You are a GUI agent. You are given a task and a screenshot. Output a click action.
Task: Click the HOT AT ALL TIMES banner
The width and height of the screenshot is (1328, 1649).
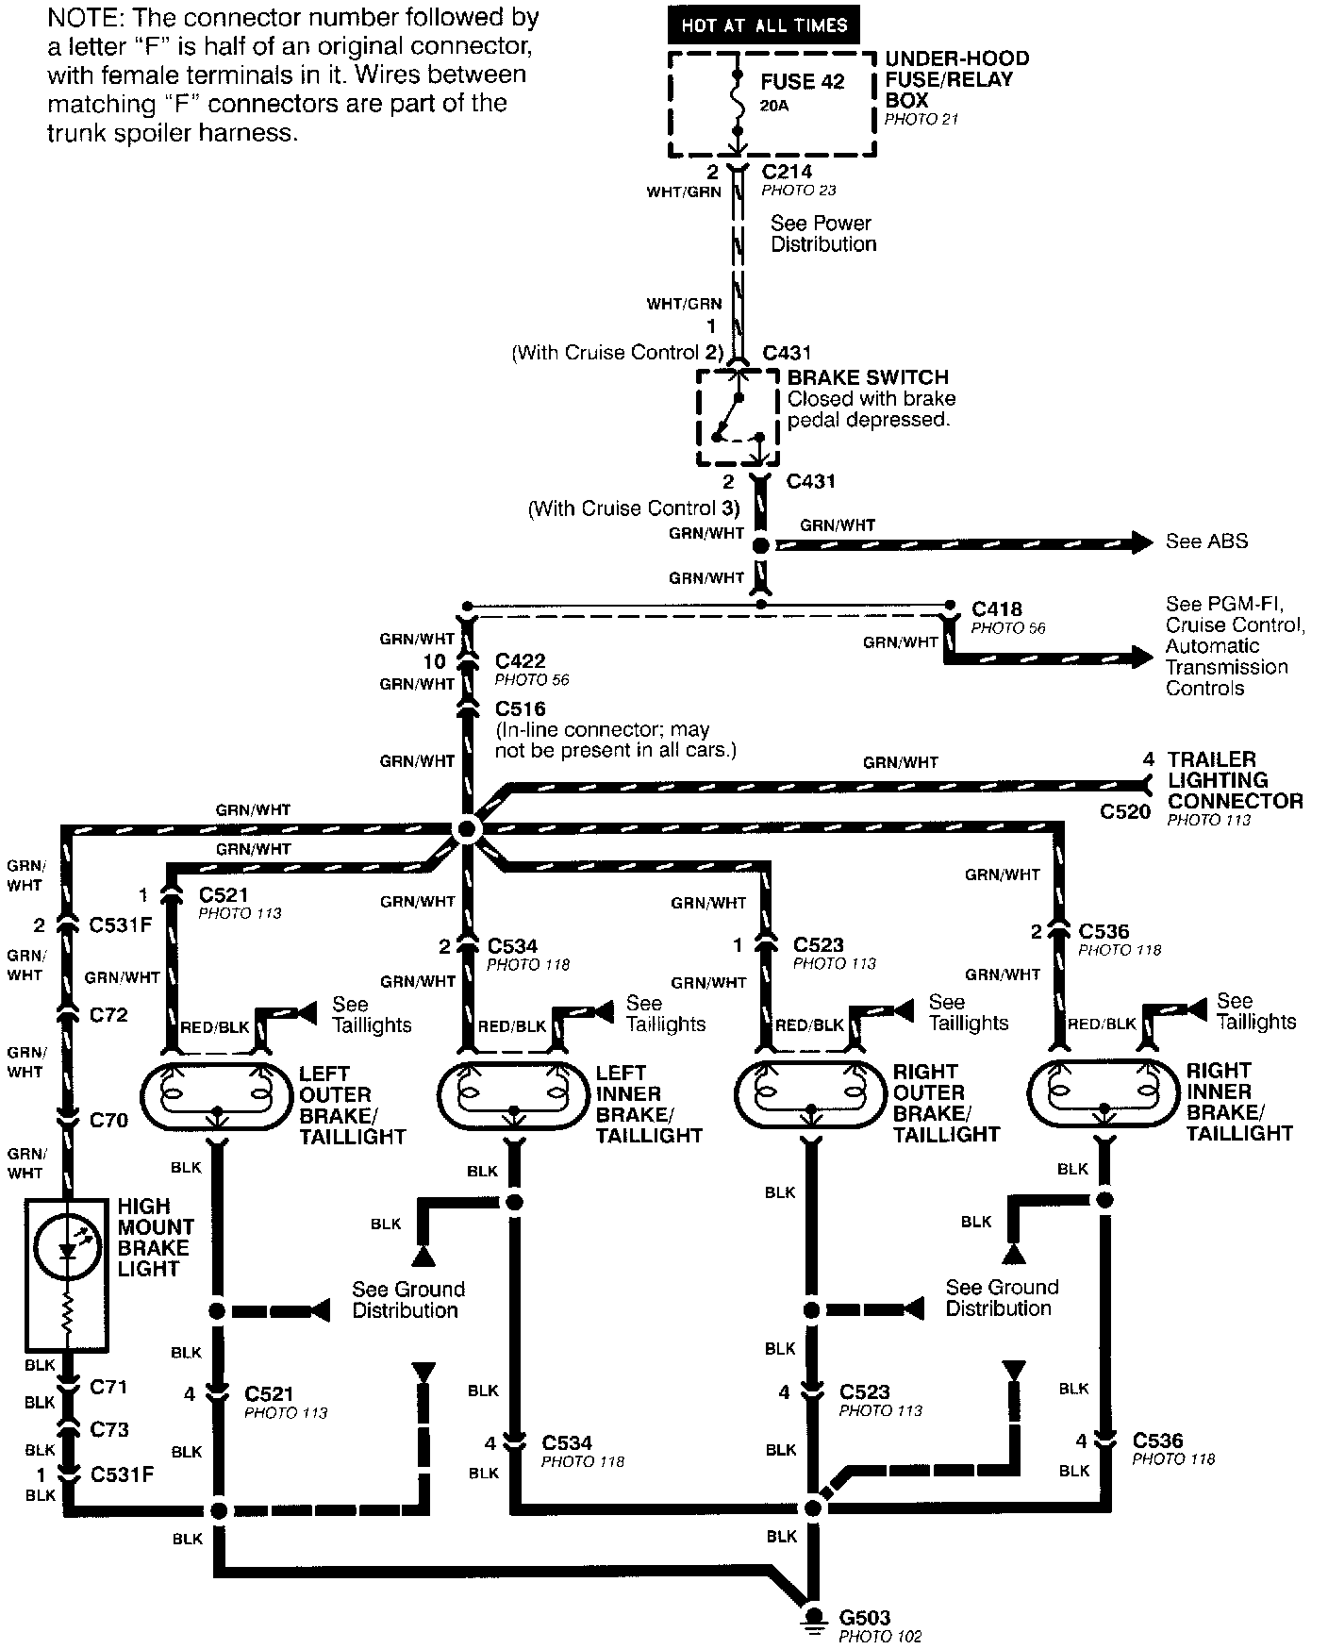[763, 25]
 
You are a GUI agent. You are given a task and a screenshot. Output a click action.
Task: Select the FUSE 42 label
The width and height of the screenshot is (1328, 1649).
[802, 81]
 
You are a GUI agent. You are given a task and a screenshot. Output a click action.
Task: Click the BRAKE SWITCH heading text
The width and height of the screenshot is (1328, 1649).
[868, 377]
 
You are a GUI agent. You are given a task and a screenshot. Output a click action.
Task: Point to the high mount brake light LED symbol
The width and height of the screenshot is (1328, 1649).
[67, 1247]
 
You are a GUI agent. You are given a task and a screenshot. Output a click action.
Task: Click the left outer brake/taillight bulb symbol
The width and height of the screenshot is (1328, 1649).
[217, 1093]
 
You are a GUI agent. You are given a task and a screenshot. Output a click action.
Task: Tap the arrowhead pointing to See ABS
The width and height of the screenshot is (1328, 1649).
[1142, 542]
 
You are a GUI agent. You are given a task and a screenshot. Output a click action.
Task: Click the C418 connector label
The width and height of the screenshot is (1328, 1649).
[997, 608]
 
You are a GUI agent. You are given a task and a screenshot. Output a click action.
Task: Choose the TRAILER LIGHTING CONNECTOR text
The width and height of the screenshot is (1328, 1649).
[1235, 780]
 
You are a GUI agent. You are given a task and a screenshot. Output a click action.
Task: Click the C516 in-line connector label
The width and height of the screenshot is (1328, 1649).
[520, 708]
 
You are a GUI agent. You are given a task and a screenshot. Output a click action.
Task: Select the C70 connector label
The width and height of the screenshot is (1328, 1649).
[108, 1121]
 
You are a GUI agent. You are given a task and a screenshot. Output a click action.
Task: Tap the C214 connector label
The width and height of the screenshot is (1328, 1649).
[787, 172]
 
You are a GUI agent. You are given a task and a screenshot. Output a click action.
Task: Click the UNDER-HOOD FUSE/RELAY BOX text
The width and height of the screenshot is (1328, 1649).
[955, 79]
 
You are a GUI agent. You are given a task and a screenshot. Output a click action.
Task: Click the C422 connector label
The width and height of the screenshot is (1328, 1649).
[520, 661]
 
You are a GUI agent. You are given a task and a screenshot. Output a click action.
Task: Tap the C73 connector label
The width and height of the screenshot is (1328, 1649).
[108, 1429]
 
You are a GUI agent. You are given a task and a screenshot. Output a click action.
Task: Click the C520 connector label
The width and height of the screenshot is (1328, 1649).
[1125, 811]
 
